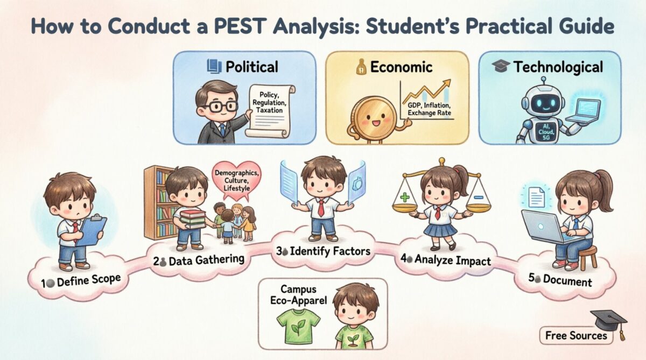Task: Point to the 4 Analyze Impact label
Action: (447, 260)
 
